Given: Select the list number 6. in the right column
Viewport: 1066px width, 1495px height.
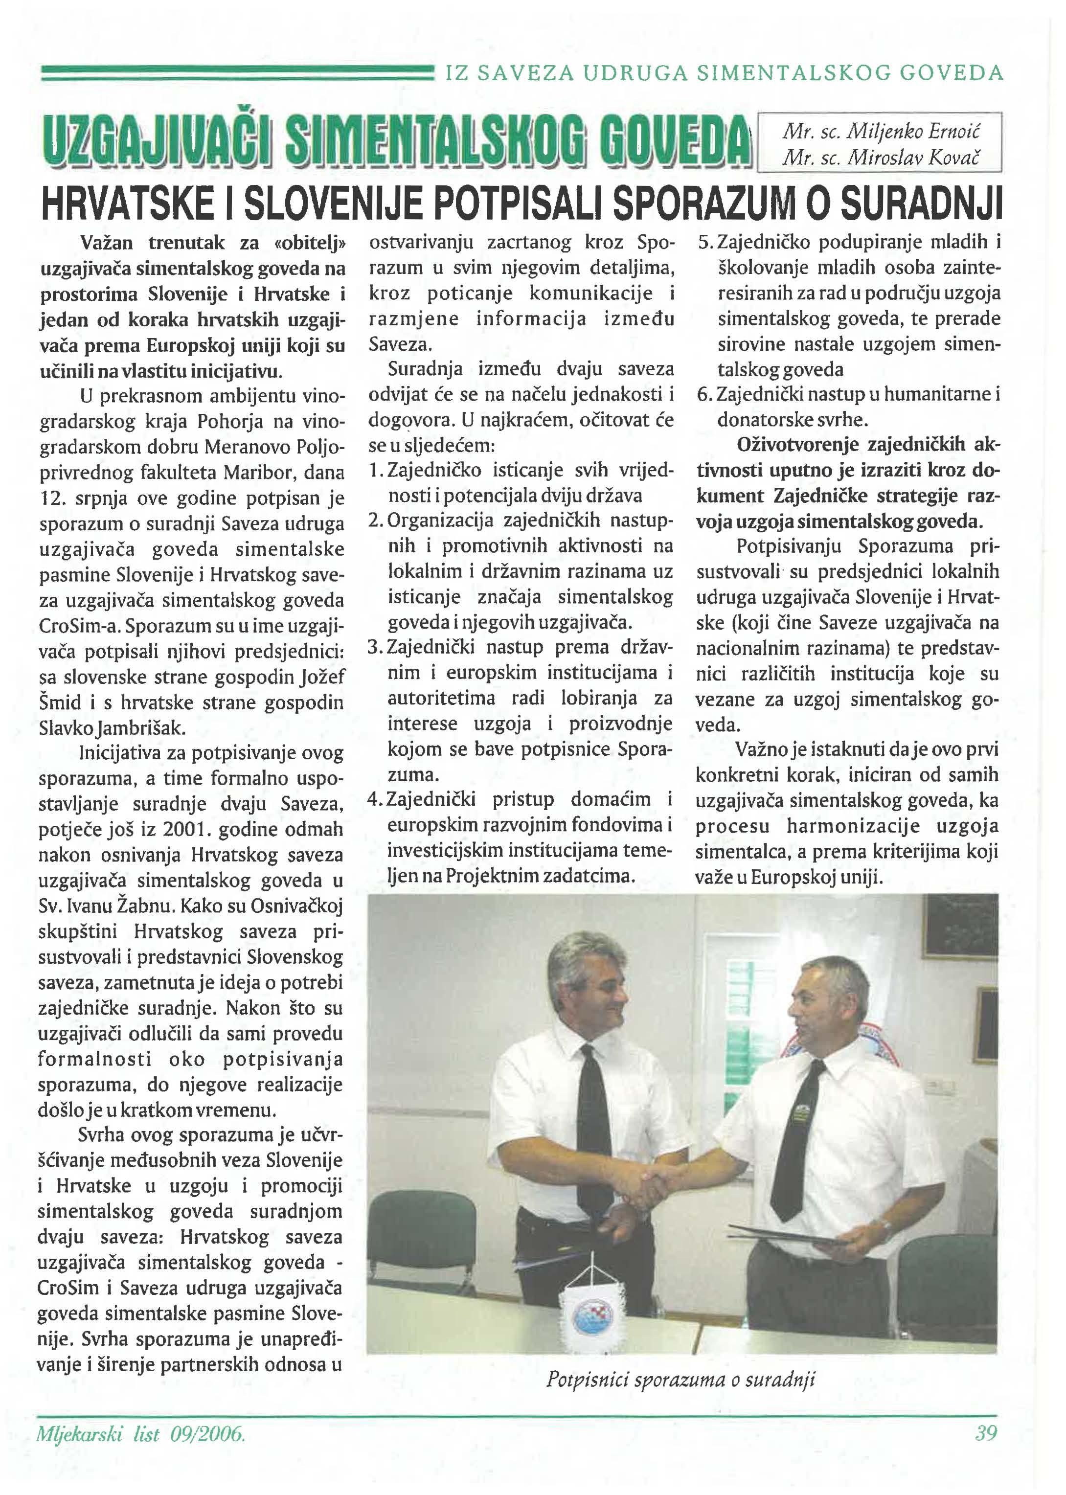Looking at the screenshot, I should tap(704, 394).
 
